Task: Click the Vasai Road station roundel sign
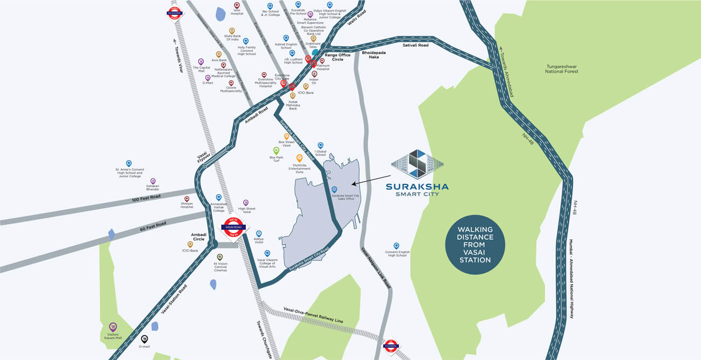tap(234, 229)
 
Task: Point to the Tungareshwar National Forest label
tap(561, 68)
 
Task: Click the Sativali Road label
tap(415, 45)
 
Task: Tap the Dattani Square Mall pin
tap(113, 327)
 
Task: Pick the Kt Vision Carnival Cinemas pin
tap(219, 257)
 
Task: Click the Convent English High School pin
tap(396, 246)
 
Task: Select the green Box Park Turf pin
tap(276, 150)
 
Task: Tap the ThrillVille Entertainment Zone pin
tap(299, 158)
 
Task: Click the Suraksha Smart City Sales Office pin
tap(334, 190)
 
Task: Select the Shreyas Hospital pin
tap(187, 199)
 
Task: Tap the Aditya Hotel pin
tap(258, 233)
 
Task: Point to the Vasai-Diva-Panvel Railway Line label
tap(313, 316)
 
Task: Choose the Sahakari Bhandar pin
tap(153, 182)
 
